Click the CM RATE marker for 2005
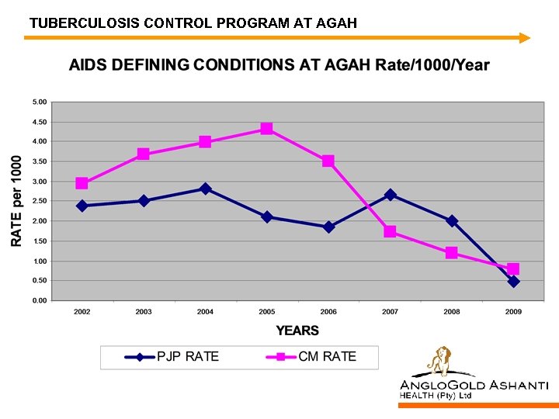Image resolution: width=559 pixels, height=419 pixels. point(266,129)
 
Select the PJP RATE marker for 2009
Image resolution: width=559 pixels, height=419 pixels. point(513,282)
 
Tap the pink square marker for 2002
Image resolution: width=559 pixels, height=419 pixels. point(82,184)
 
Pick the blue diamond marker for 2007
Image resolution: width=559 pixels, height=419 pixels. point(390,195)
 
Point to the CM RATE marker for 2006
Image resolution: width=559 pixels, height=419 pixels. point(328,161)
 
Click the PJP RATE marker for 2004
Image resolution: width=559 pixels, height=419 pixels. point(205,189)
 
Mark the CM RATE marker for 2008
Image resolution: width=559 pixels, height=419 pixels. point(451,253)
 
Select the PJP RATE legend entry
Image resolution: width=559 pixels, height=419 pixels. point(172,357)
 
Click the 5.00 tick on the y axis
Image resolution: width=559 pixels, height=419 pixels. point(40,102)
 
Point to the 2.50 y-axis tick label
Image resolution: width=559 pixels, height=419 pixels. point(40,201)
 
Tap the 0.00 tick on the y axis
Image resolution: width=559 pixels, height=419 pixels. point(40,300)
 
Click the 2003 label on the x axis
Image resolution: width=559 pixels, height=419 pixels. point(144,312)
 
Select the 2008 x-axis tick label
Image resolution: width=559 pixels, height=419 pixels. point(451,312)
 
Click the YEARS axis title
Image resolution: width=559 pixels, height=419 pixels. point(297,331)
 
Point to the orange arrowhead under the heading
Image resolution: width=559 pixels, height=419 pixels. point(525,37)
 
